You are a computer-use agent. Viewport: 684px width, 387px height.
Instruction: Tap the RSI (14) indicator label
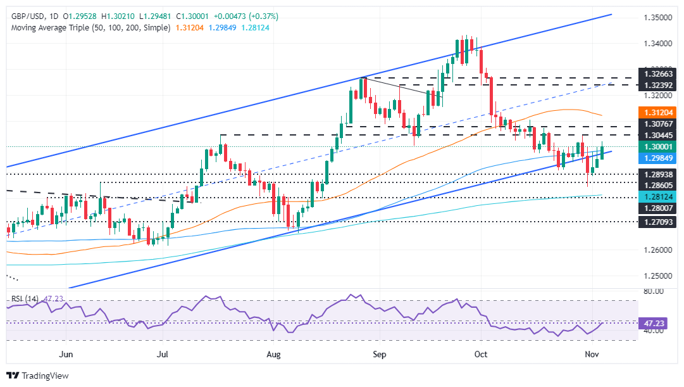click(x=25, y=296)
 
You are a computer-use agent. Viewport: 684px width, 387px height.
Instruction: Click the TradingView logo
click(x=37, y=376)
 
